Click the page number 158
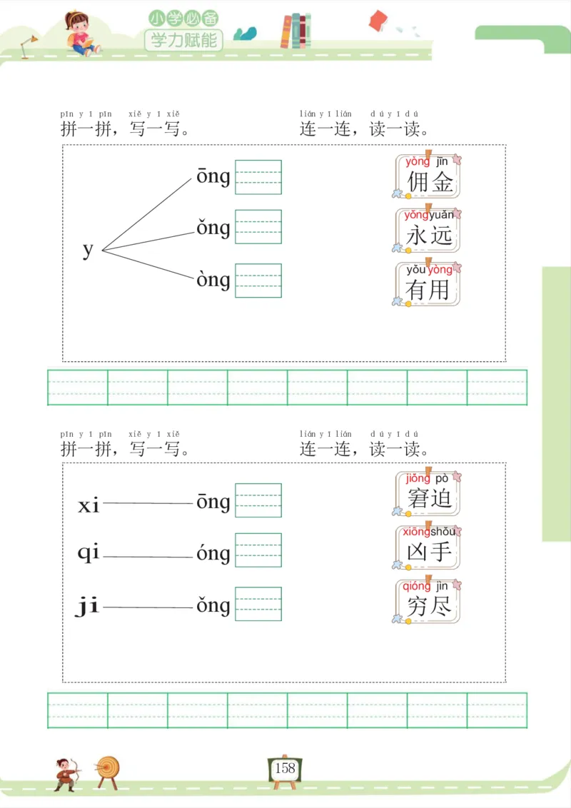click(285, 768)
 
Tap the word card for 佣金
click(428, 176)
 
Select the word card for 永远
click(428, 230)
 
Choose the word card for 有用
click(428, 283)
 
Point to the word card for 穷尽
click(428, 600)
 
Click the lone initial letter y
click(88, 250)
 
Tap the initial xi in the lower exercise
click(89, 505)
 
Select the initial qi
click(89, 554)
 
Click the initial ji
click(87, 607)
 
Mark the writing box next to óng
click(258, 552)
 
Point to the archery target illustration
click(108, 770)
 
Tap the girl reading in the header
click(81, 32)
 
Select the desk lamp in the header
click(29, 44)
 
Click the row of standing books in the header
click(295, 31)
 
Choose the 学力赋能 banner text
click(184, 40)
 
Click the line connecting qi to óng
click(148, 557)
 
